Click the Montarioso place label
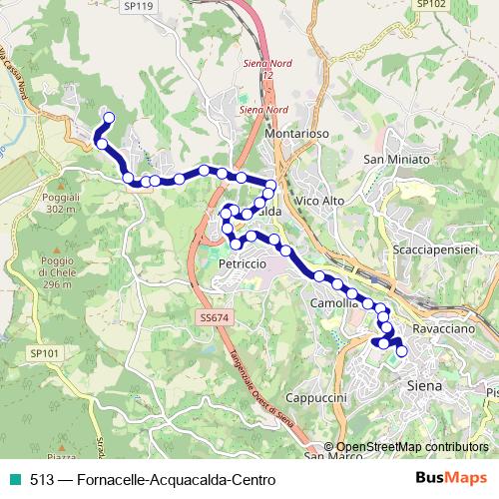coord(298,134)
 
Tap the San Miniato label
coord(396,160)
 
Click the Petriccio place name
coord(241,263)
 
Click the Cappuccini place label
coord(315,396)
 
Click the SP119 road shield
coord(139,6)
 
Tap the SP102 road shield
coord(429,4)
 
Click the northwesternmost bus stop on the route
coord(108,119)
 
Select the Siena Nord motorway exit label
coord(264,108)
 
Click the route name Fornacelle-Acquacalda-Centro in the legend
coord(170,480)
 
